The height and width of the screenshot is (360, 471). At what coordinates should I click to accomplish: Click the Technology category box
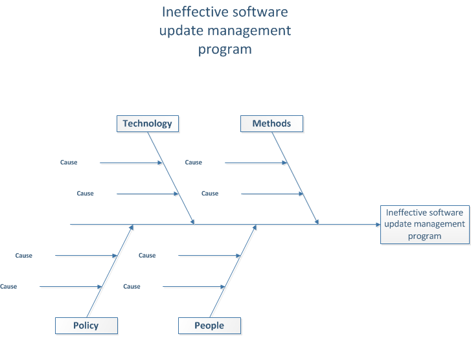(148, 124)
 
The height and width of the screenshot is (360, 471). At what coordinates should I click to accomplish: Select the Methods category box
(271, 124)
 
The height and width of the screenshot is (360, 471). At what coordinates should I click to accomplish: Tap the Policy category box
(86, 326)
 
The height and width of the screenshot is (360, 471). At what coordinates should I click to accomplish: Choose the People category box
(209, 326)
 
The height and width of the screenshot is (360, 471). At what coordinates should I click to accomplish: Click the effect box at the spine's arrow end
(425, 225)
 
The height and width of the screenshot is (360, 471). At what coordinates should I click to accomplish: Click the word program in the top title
(225, 50)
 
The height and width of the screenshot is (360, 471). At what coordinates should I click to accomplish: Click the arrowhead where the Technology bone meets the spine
(192, 221)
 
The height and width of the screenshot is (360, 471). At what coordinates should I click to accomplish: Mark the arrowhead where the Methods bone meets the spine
(317, 221)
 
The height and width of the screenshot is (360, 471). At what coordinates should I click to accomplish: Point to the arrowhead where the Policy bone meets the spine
(132, 227)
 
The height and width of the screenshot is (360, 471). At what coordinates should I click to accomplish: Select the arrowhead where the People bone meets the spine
(255, 227)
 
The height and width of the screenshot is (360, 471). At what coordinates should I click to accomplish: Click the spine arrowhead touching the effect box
(378, 225)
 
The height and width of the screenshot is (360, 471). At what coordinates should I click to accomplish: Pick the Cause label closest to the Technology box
(69, 163)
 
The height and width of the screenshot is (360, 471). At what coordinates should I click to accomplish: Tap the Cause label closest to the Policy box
(8, 286)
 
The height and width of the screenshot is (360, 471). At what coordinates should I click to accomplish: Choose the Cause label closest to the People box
(132, 286)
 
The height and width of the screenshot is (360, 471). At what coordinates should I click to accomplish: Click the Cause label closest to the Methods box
(194, 163)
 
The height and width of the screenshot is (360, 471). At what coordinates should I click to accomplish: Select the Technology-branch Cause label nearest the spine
(85, 194)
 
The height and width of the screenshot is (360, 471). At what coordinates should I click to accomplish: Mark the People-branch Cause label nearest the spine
(147, 256)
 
